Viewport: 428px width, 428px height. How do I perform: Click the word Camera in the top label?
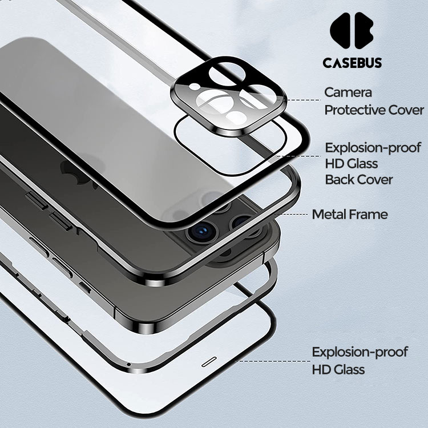pyautogui.click(x=348, y=92)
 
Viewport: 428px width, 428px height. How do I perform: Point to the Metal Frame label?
pyautogui.click(x=349, y=215)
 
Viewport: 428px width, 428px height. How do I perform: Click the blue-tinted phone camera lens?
pyautogui.click(x=200, y=232)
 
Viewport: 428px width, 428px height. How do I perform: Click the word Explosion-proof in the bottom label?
pyautogui.click(x=360, y=352)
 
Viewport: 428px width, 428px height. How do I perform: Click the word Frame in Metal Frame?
pyautogui.click(x=369, y=215)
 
